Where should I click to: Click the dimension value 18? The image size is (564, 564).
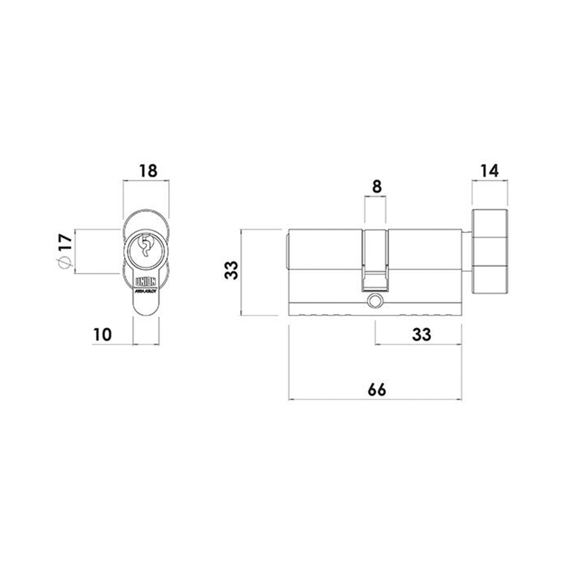[x=146, y=171]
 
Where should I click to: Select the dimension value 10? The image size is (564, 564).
[x=102, y=335]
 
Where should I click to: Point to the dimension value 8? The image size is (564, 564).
[x=376, y=187]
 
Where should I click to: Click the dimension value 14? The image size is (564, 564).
[x=489, y=171]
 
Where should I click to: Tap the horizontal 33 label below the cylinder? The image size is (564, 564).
[x=421, y=335]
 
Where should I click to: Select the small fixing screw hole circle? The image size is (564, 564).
[x=375, y=300]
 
